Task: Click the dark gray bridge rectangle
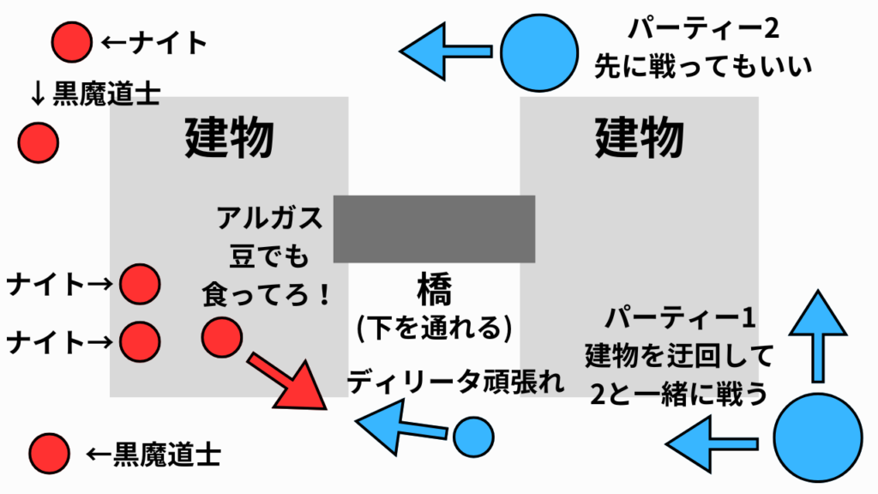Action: [434, 229]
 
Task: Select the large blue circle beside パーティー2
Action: [539, 51]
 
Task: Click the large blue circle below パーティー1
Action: [818, 437]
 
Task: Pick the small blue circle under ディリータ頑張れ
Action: [473, 437]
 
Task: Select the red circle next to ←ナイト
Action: [71, 41]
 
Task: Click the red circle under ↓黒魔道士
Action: [38, 142]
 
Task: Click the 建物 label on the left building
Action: [230, 137]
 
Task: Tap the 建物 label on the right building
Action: [640, 137]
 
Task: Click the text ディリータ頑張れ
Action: [456, 383]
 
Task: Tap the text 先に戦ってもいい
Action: [703, 67]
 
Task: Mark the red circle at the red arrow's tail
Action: [221, 336]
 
